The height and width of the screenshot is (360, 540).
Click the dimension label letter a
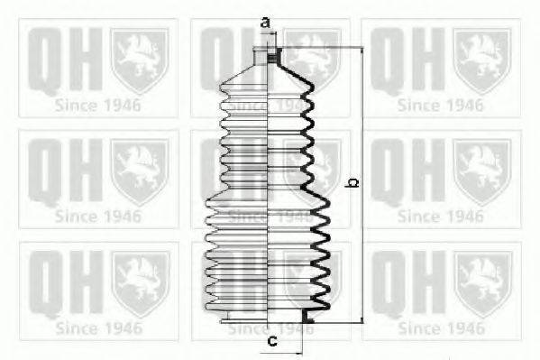coord(265,21)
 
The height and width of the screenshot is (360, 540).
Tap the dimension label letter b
coord(353,183)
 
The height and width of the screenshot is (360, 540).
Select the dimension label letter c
coord(270,341)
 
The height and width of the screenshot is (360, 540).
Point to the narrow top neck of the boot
coord(270,57)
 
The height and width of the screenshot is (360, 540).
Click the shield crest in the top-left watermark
coord(140,60)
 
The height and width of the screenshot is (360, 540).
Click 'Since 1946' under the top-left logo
coord(98,105)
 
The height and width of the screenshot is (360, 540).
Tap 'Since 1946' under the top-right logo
coord(441,105)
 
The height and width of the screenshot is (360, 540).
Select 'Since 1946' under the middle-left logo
coord(98,217)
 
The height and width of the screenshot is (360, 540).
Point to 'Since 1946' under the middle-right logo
coord(441,217)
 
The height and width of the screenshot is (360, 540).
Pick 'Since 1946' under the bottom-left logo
coord(98,328)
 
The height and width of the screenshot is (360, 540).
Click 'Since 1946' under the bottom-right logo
coord(441,328)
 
